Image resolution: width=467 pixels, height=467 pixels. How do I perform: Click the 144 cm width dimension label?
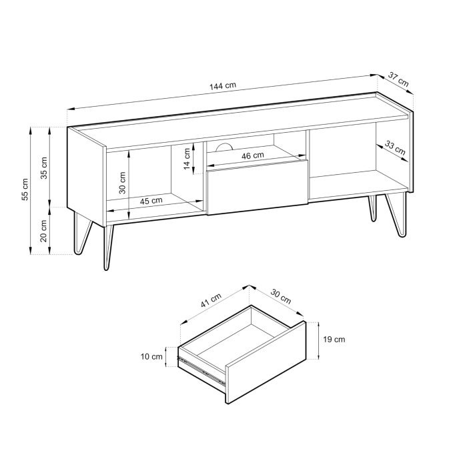point(223,86)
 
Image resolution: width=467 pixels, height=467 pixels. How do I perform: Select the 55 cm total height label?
point(25,189)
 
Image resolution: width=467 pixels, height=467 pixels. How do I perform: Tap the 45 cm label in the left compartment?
point(151,200)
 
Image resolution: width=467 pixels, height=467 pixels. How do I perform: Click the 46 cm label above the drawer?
point(252,155)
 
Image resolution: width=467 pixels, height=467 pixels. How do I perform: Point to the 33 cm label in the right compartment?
point(395,148)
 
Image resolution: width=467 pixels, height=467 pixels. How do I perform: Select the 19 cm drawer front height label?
point(334,340)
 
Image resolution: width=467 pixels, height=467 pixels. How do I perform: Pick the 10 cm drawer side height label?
point(152,356)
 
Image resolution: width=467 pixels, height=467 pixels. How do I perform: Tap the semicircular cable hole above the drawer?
point(224,147)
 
